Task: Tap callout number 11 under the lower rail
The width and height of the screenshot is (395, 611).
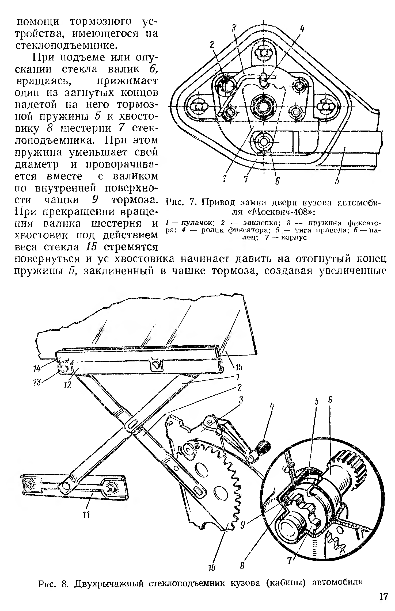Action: tap(86, 514)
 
